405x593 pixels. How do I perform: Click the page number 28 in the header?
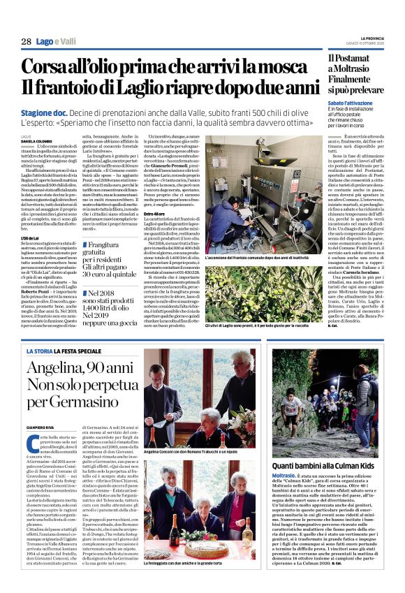click(x=26, y=43)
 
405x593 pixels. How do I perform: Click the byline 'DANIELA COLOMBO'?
click(x=37, y=140)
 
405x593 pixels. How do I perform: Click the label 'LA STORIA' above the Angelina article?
click(x=40, y=350)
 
